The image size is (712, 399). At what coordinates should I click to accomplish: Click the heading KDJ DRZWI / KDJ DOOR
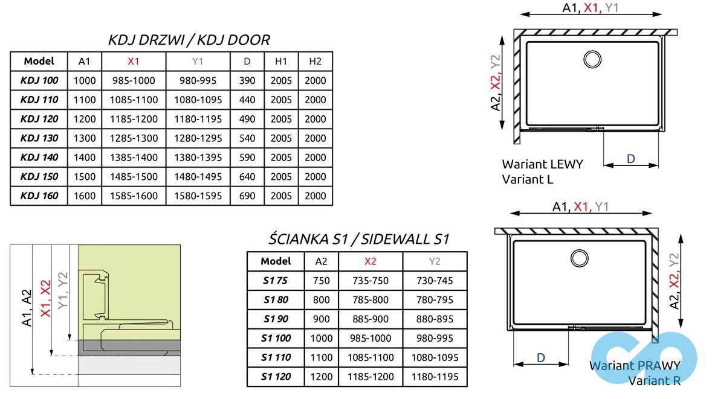(189, 40)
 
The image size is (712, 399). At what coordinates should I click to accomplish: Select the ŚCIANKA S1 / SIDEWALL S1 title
(358, 239)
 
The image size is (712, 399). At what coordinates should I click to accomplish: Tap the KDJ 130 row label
(39, 138)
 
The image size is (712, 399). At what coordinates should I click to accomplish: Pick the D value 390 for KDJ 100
(247, 80)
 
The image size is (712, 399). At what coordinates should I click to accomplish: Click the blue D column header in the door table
(247, 61)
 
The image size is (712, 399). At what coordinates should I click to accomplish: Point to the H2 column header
(315, 61)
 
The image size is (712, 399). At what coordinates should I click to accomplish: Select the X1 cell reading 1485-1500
(134, 177)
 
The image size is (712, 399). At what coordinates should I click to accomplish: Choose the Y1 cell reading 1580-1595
(198, 196)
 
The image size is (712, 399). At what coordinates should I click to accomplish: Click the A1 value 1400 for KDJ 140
(85, 158)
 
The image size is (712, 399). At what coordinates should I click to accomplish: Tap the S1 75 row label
(276, 280)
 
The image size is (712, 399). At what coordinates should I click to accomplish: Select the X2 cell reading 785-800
(370, 299)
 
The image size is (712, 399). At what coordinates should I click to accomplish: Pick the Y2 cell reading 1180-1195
(435, 377)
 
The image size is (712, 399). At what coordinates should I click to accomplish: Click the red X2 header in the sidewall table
(370, 261)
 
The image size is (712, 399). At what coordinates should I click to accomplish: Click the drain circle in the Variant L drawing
(592, 59)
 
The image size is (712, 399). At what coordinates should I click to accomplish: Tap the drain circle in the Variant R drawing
(580, 258)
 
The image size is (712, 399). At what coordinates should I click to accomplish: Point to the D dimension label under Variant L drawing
(630, 159)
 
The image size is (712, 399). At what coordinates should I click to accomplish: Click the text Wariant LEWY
(542, 164)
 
